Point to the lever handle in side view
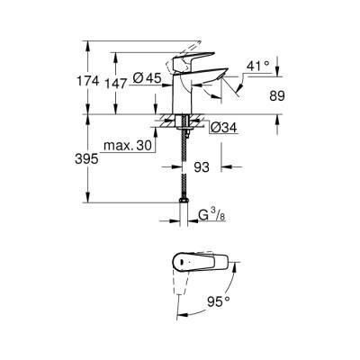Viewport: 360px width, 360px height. tap(202, 71)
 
